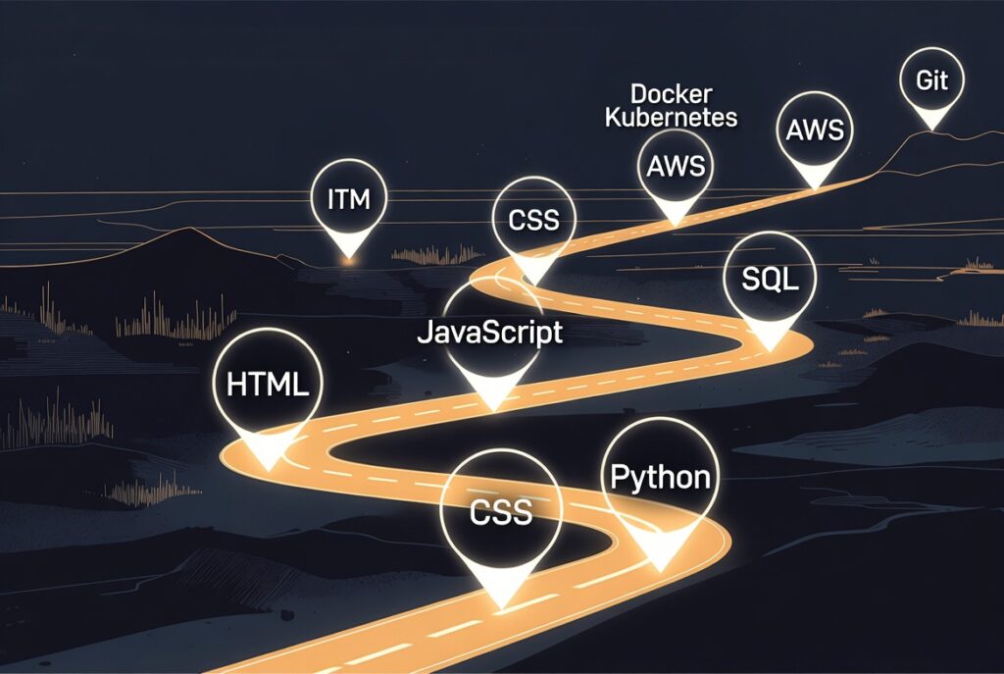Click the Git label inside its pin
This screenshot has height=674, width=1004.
[x=931, y=80]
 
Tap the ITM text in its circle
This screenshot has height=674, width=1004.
[x=348, y=201]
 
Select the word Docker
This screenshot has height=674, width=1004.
[x=671, y=94]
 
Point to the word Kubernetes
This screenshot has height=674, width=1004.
[x=671, y=118]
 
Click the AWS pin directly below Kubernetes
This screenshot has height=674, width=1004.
[x=676, y=166]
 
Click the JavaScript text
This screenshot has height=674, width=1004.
[x=490, y=332]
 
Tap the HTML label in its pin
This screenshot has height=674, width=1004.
[x=268, y=384]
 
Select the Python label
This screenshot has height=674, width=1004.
[x=660, y=478]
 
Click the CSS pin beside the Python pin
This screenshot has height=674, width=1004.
[x=500, y=511]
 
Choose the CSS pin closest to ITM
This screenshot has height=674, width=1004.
[x=533, y=219]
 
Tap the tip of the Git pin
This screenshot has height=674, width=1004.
[x=931, y=128]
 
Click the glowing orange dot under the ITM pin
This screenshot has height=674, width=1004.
[x=348, y=260]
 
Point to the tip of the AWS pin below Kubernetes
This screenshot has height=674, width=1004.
[x=676, y=224]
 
